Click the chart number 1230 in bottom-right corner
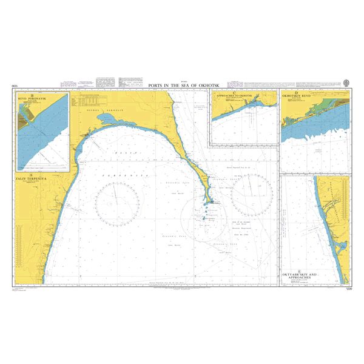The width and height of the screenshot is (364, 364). [346, 287]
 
